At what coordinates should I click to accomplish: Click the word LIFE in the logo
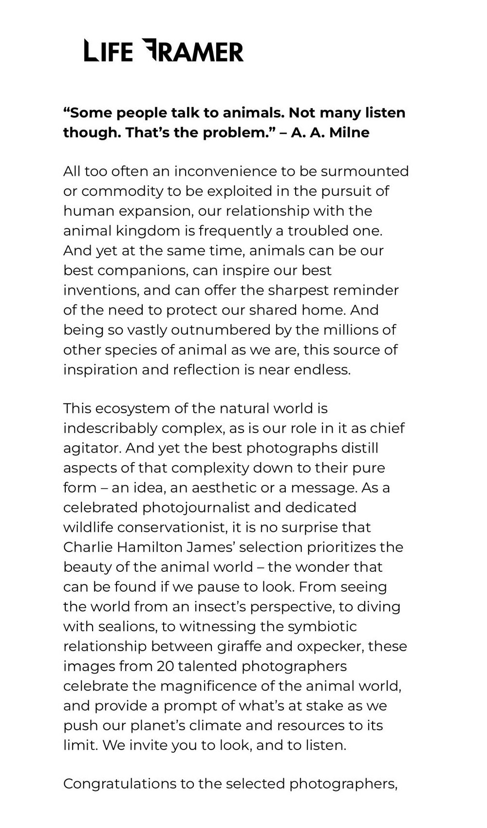(x=108, y=51)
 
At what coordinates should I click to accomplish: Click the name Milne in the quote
(x=349, y=132)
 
